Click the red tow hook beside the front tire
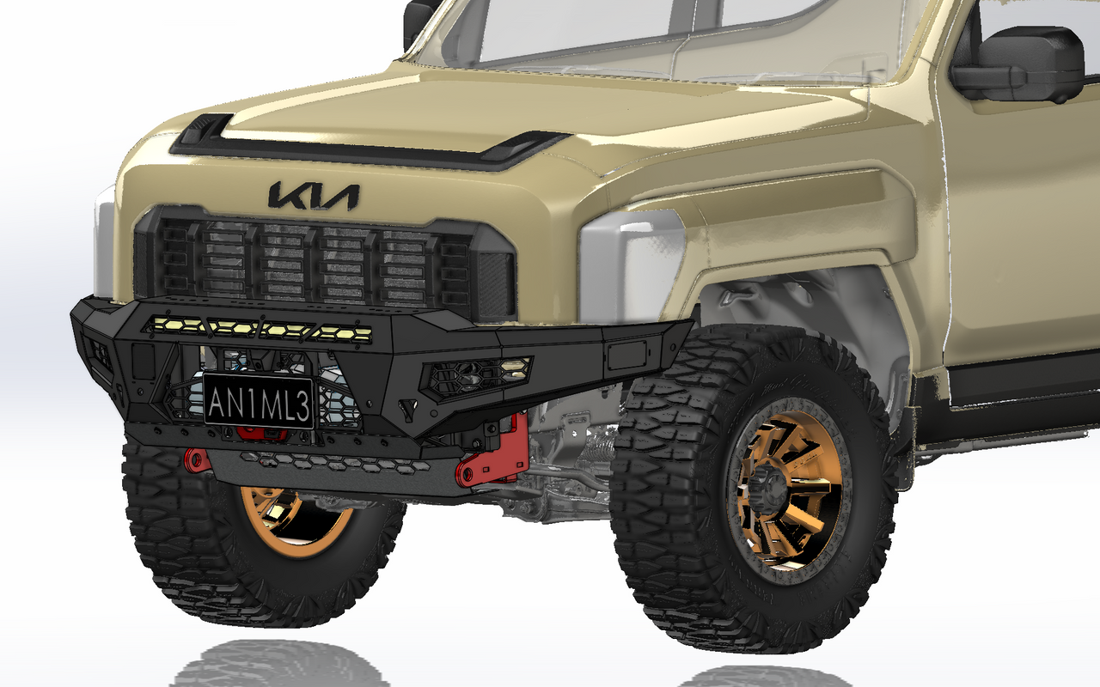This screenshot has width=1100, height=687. [x=196, y=460]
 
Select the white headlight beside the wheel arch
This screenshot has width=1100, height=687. [x=632, y=261]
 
